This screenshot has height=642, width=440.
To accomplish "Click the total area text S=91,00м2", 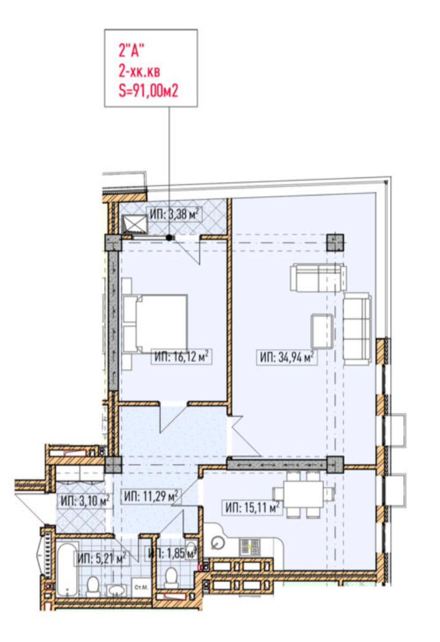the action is (x=148, y=90).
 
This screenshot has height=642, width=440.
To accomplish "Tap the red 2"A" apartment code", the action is (x=131, y=52).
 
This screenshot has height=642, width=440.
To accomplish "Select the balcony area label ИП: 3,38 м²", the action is (x=175, y=214).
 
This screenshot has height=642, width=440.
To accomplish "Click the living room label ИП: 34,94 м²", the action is (x=287, y=357).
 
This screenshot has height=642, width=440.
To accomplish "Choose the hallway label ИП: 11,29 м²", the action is (x=151, y=496).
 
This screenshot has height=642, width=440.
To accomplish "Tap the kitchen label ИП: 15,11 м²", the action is (x=253, y=508).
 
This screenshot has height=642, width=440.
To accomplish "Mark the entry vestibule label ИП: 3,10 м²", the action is (x=85, y=501).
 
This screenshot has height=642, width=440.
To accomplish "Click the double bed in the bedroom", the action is (x=155, y=323).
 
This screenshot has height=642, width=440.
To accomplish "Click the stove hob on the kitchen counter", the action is (x=250, y=547).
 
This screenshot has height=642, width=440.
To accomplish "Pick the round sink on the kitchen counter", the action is (x=218, y=543).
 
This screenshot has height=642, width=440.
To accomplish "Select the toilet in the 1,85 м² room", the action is (x=171, y=578).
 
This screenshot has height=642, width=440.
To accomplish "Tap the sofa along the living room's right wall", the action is (x=357, y=329).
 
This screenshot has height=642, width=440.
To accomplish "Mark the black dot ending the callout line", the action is (x=169, y=237).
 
